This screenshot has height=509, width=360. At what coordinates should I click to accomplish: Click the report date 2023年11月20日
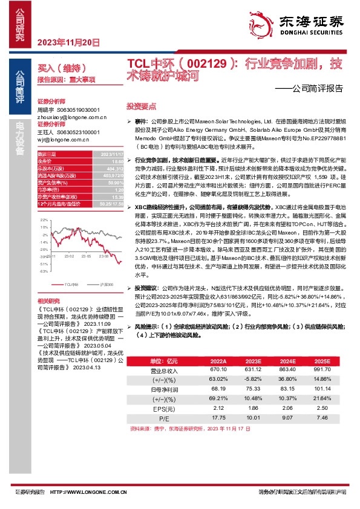(x=68, y=42)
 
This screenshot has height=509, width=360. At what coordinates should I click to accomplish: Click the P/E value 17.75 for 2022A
(x=218, y=417)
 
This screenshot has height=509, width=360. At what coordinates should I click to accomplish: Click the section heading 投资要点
(x=138, y=105)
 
